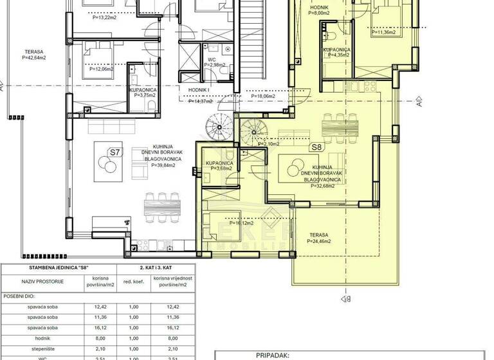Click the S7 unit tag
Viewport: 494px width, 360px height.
[x=114, y=152]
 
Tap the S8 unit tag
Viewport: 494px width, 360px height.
[x=316, y=147]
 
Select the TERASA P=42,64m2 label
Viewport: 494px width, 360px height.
[x=31, y=54]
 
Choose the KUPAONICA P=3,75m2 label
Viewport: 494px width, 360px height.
[x=143, y=93]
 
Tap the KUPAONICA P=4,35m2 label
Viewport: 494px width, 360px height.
[x=337, y=52]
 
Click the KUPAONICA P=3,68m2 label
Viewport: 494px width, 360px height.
[x=219, y=166]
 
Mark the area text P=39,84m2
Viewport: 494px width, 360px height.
[x=163, y=165]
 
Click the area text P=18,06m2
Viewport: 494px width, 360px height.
[x=262, y=96]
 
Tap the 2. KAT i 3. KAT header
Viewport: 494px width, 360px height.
[x=152, y=267]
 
